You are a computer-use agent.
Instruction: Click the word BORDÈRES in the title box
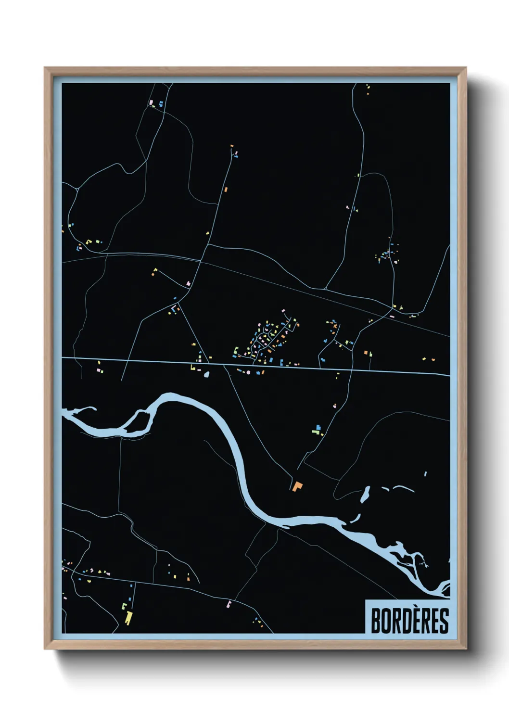click(x=409, y=621)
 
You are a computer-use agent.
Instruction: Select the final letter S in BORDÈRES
click(x=444, y=621)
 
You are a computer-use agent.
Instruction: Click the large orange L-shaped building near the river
click(x=297, y=486)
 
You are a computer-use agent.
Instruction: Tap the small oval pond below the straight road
click(x=207, y=374)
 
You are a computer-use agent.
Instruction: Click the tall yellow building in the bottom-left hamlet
click(x=128, y=617)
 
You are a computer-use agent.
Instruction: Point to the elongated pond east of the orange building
click(x=365, y=494)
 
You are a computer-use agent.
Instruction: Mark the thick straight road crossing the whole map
click(x=255, y=366)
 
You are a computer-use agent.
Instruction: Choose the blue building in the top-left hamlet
click(x=161, y=103)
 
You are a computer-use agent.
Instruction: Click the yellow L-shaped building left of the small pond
click(x=193, y=368)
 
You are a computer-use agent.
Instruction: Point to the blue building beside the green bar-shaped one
click(x=318, y=427)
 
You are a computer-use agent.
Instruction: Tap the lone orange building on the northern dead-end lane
click(x=226, y=189)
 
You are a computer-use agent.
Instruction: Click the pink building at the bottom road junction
click(x=229, y=604)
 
